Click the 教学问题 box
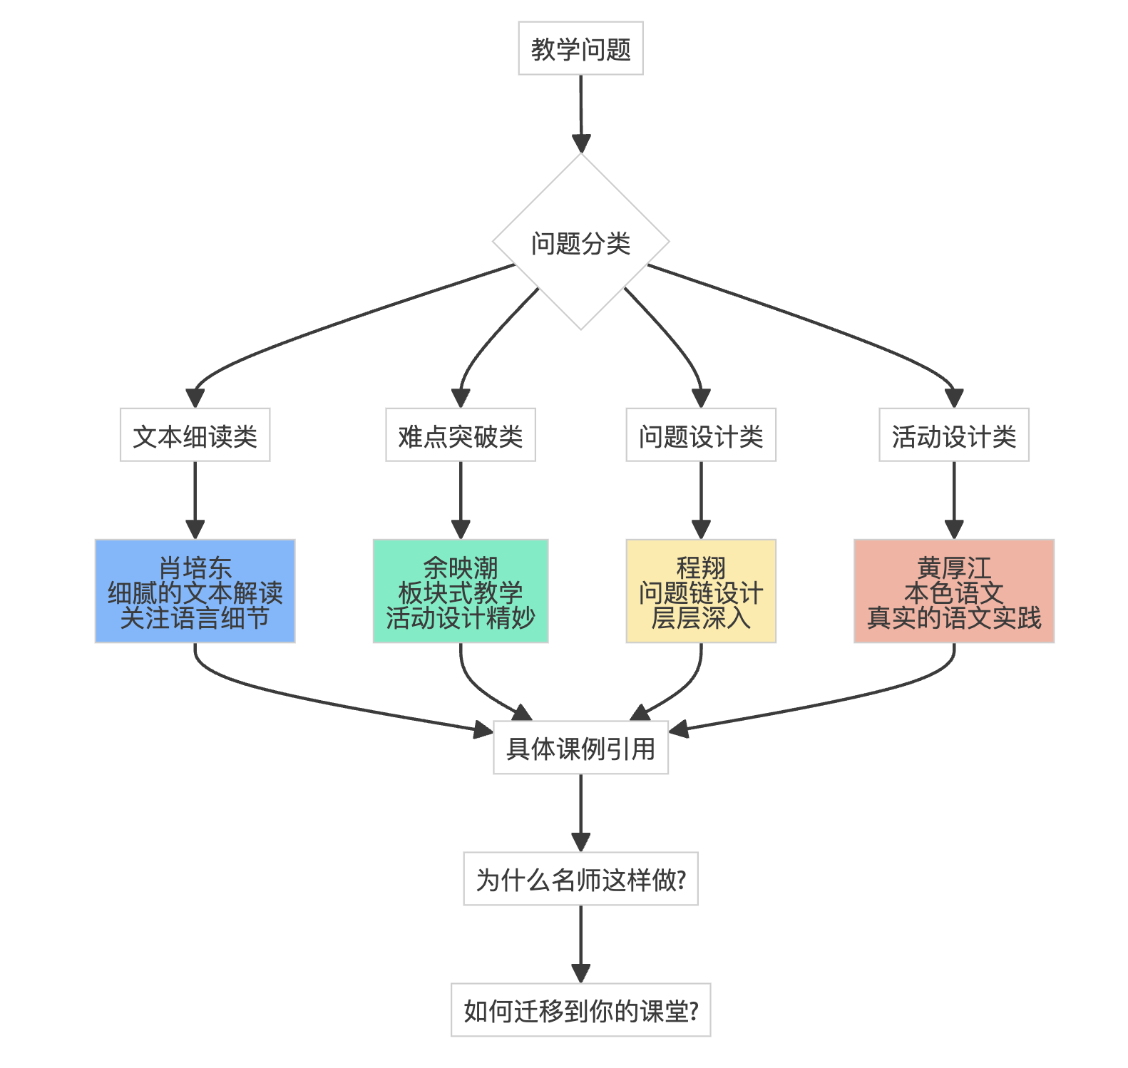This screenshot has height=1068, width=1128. click(580, 48)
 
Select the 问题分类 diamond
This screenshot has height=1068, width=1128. click(580, 242)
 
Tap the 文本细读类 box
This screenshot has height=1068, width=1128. click(195, 435)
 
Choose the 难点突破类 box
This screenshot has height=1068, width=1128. click(461, 435)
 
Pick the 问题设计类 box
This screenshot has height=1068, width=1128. click(701, 435)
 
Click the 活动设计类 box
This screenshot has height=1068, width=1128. click(954, 435)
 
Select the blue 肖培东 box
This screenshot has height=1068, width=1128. click(195, 591)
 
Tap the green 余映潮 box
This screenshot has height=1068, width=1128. click(461, 591)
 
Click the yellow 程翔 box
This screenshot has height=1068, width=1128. click(701, 591)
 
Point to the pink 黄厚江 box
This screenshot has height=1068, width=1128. click(954, 591)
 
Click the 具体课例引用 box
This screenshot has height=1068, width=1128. click(580, 747)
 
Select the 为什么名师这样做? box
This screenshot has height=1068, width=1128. click(580, 878)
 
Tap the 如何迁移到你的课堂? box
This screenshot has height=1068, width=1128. click(580, 1010)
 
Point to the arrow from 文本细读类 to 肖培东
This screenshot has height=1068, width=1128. click(195, 499)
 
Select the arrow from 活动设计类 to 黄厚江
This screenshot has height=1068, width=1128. click(954, 499)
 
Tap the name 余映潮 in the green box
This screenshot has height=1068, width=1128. click(461, 568)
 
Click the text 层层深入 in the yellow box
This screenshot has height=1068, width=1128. click(701, 617)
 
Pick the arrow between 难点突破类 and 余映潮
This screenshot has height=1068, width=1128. click(461, 499)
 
